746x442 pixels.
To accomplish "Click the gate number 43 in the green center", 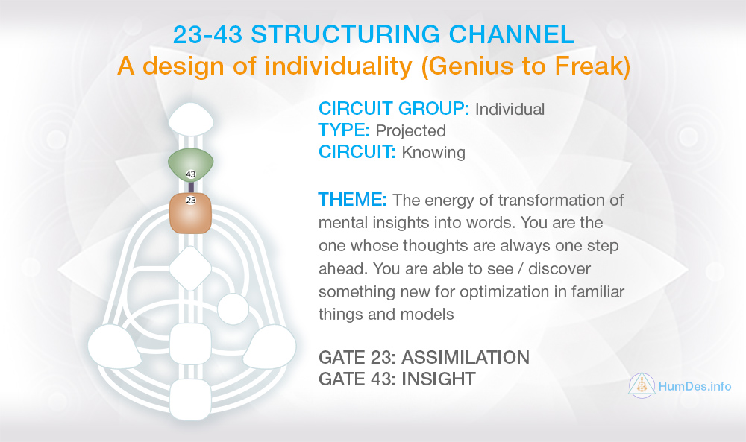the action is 191,174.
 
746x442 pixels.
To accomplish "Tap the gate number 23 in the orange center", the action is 191,200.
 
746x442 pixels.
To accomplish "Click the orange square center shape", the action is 191,213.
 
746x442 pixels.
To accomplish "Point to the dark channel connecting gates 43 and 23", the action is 191,187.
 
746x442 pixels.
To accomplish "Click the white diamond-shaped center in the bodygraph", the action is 190,268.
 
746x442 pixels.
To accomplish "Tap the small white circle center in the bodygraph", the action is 233,309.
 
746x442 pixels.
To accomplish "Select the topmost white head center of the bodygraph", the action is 191,118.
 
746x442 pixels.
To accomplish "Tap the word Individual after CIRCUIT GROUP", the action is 510,110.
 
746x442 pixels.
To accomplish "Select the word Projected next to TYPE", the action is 410,130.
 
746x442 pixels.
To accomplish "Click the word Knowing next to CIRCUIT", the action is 433,153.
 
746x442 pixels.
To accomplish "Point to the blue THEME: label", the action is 353,200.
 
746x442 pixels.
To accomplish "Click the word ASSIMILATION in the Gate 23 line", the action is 466,358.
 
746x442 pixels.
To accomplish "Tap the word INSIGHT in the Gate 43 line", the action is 438,379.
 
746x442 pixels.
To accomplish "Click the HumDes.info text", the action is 695,386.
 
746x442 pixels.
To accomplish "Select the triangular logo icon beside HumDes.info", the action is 642,385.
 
